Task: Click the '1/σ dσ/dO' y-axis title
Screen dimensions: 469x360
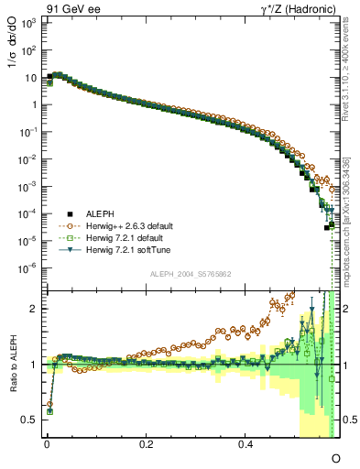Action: pos(13,50)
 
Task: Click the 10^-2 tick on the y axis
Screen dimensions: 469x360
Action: pos(27,158)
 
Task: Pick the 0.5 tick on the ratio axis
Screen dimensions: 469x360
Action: pos(28,419)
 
